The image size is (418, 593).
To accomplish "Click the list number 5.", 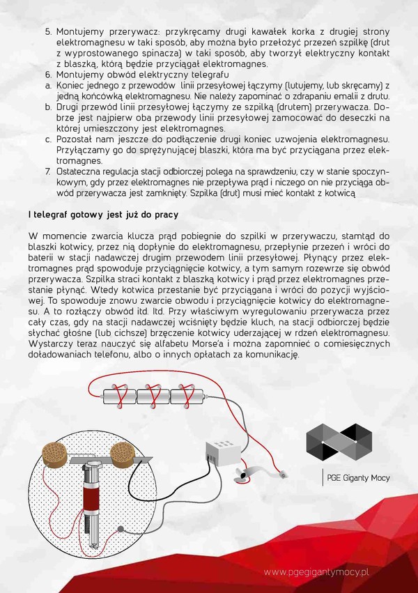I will point(48,32).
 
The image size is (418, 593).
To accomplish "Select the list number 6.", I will point(48,75).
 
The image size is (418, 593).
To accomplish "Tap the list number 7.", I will point(48,170).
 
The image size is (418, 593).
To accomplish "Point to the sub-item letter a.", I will point(48,85).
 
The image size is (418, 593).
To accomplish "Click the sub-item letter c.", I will point(48,139).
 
